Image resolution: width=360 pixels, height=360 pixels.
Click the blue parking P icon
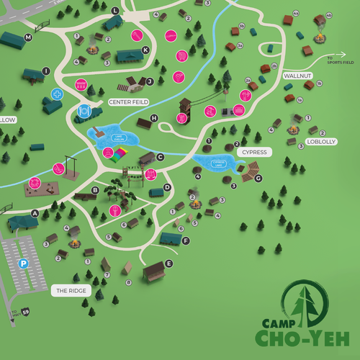(x=24, y=264)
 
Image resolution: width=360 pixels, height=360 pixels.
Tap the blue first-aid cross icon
(x=58, y=94)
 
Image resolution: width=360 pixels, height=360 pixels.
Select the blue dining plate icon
(x=85, y=112)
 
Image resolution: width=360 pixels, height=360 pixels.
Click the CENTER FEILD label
(x=127, y=102)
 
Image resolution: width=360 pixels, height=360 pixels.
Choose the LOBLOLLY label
(x=322, y=142)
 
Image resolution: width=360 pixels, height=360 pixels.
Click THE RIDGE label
(x=71, y=291)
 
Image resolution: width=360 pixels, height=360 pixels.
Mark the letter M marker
(x=29, y=37)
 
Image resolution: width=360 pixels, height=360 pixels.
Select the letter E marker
(x=169, y=264)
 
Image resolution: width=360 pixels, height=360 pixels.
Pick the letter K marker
(x=145, y=50)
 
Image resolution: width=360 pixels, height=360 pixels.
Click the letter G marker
(x=258, y=178)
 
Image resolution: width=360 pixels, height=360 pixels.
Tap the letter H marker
(x=153, y=118)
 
